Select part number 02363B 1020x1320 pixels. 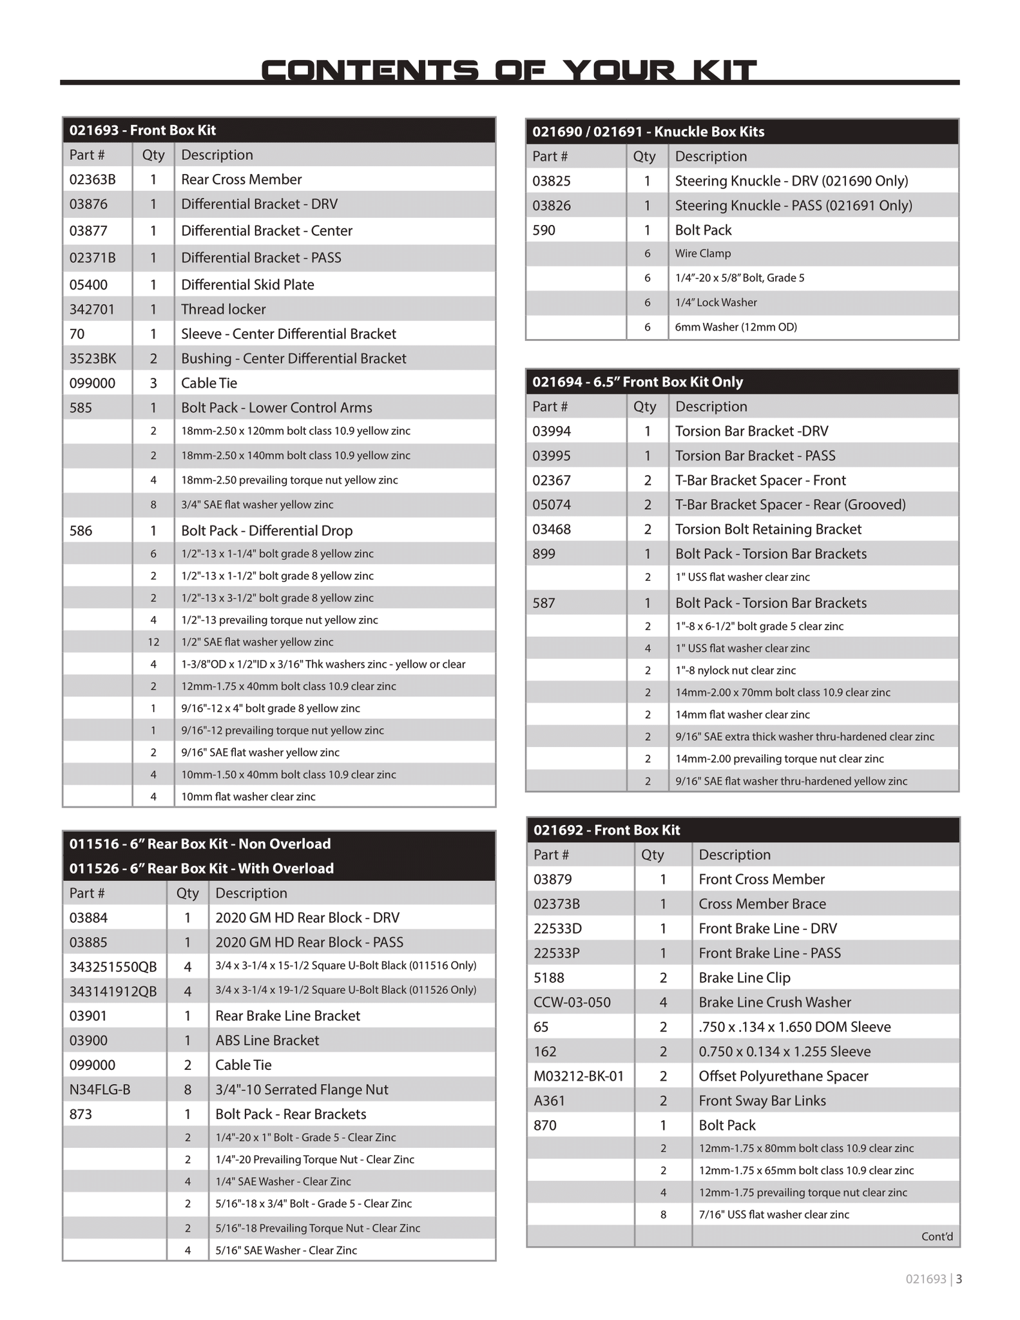click(x=92, y=179)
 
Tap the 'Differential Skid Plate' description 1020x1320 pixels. click(x=247, y=284)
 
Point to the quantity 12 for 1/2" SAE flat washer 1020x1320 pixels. click(x=153, y=642)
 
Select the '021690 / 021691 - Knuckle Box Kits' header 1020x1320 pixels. click(x=648, y=131)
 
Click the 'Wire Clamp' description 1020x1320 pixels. click(x=702, y=253)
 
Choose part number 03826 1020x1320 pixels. click(x=552, y=206)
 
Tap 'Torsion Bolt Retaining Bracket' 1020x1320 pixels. click(x=768, y=529)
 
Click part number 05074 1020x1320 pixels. click(x=552, y=505)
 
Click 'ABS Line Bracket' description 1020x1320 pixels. click(x=267, y=1040)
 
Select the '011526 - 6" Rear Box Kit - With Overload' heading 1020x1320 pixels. click(x=202, y=868)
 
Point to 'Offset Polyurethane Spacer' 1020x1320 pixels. click(x=784, y=1076)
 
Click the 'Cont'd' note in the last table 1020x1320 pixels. click(x=936, y=1236)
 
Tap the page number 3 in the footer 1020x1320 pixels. click(x=959, y=1279)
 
